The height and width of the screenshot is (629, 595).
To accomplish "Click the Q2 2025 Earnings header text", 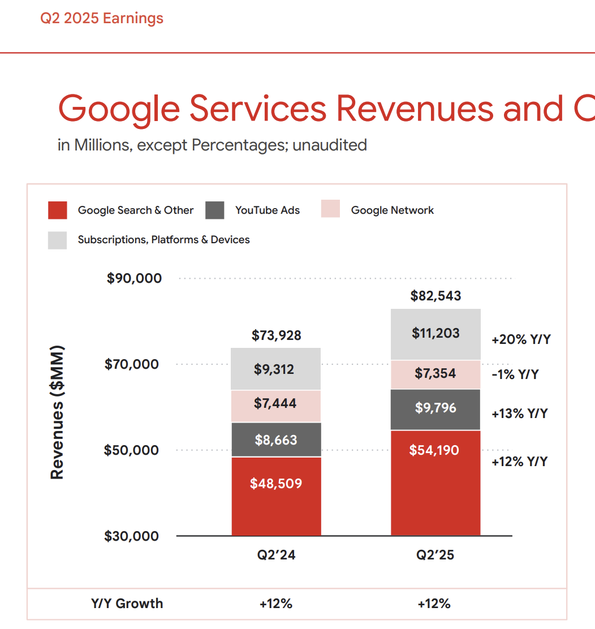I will click(102, 19).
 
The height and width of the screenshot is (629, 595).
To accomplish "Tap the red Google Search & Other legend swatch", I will click(58, 210).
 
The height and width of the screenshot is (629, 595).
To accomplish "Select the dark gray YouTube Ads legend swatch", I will click(215, 210).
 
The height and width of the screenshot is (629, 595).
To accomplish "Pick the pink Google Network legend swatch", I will click(330, 209).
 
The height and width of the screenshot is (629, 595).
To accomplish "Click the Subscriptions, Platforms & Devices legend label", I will click(163, 240).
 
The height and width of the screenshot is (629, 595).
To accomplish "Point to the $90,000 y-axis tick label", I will click(134, 278).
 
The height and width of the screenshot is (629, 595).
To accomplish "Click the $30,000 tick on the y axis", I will click(131, 536).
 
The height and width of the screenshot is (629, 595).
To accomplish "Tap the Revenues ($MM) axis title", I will click(57, 412).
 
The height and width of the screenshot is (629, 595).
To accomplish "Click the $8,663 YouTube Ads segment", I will click(276, 440).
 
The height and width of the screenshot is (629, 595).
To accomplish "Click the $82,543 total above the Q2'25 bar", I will click(436, 296).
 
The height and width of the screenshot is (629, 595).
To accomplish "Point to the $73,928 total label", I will click(276, 335).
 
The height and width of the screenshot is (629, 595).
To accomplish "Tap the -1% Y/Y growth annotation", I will click(515, 374).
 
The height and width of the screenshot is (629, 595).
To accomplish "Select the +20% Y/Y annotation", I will click(521, 340).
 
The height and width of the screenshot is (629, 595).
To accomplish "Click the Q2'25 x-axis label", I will click(436, 555).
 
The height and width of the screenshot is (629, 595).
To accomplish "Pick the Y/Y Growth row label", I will click(127, 604).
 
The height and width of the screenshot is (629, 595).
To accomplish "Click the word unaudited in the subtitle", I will click(330, 145).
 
